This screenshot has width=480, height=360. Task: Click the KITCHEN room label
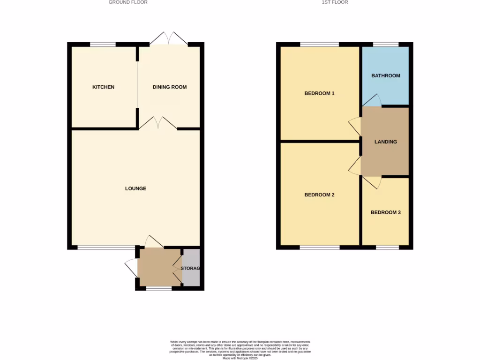pos(103,87)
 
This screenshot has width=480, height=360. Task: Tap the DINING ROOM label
pos(170,87)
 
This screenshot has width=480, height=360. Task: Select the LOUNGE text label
pos(135,188)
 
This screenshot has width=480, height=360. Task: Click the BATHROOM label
pos(386,76)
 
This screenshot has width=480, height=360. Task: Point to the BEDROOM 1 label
pos(319,93)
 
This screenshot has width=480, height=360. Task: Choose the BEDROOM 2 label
pos(319,195)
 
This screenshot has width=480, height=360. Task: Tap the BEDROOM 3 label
pos(386,212)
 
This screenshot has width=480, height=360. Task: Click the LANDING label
pos(386,142)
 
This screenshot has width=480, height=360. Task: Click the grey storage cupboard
pos(191,268)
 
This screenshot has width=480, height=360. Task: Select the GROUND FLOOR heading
pos(128,2)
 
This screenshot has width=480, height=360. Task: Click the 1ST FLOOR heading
pos(335,2)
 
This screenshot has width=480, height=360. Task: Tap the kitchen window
pos(103,45)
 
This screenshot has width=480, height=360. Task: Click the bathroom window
pos(386,45)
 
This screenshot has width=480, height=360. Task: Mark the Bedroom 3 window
pos(387,247)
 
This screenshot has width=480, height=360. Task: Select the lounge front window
pos(106,247)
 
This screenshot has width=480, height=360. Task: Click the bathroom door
pos(372,100)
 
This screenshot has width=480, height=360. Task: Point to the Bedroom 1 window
pos(319,45)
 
